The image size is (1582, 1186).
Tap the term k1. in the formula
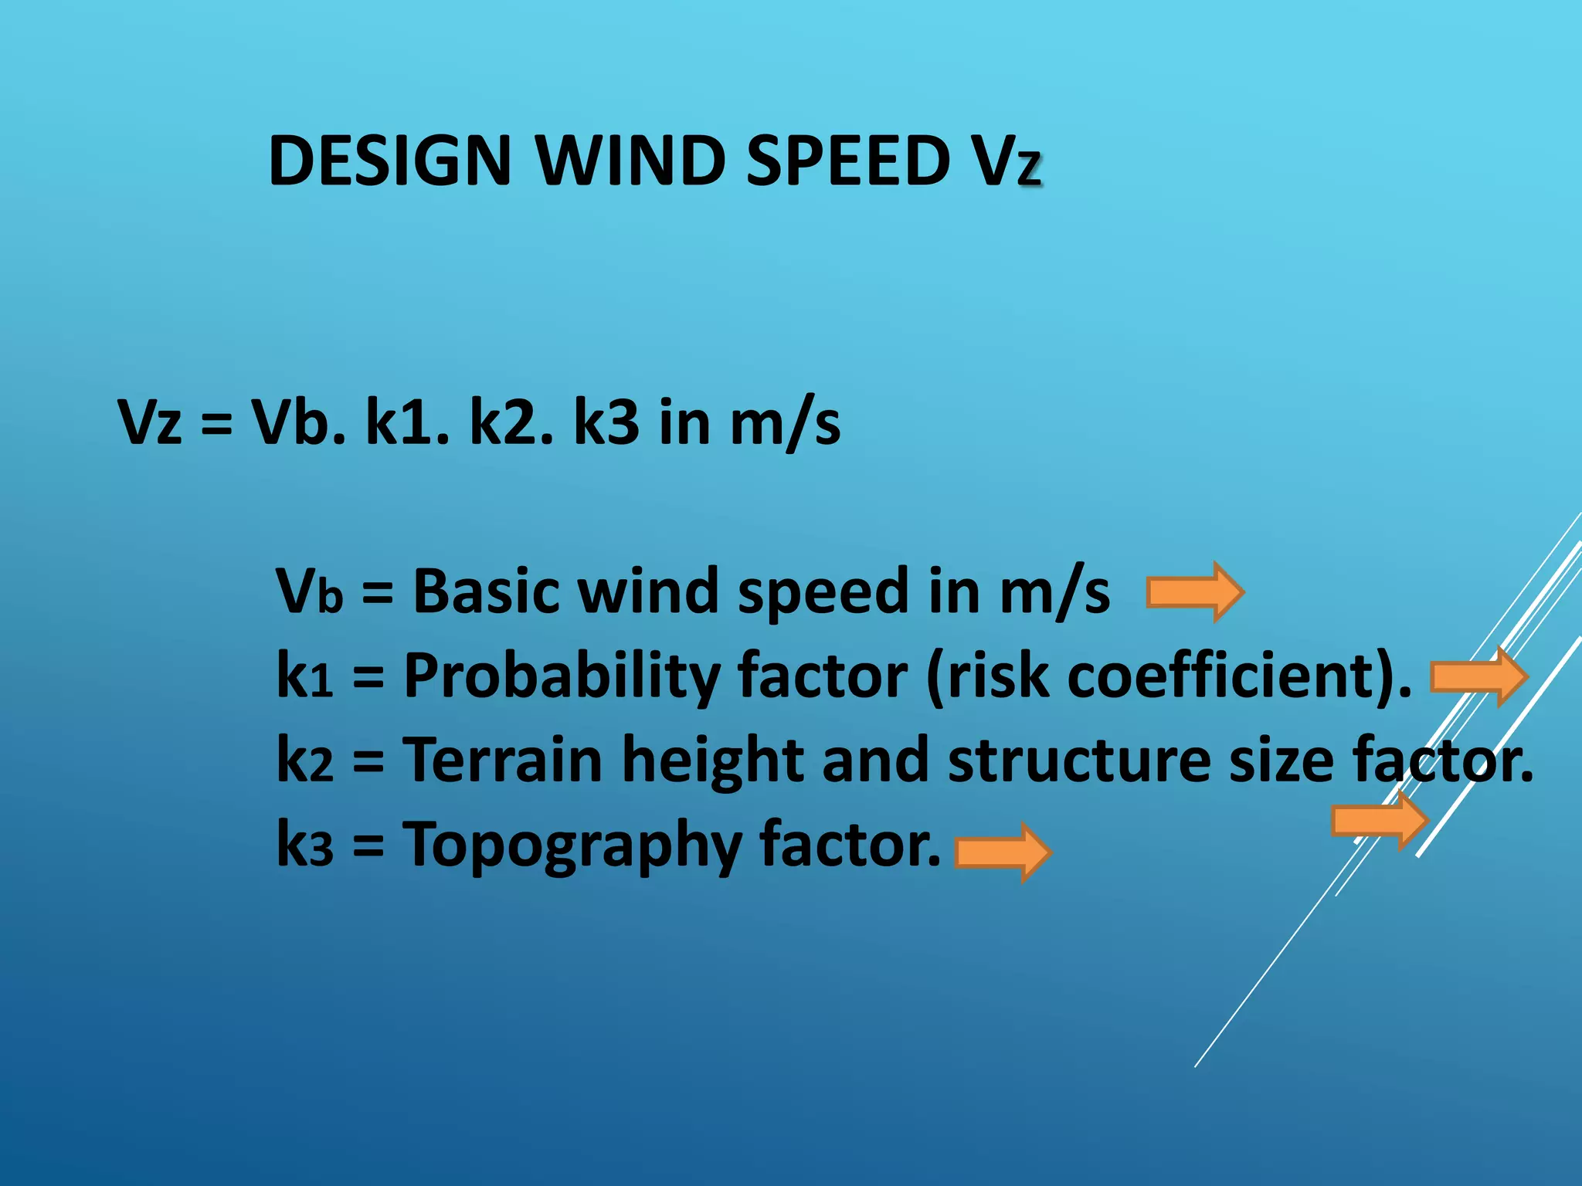[407, 422]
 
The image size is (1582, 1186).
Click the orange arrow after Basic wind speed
[1194, 592]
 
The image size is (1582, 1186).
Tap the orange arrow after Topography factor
[1003, 852]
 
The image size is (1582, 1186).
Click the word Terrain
[503, 760]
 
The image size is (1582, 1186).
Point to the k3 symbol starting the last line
[304, 844]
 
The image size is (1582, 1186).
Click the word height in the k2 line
[712, 761]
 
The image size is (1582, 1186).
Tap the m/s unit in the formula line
[785, 422]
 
